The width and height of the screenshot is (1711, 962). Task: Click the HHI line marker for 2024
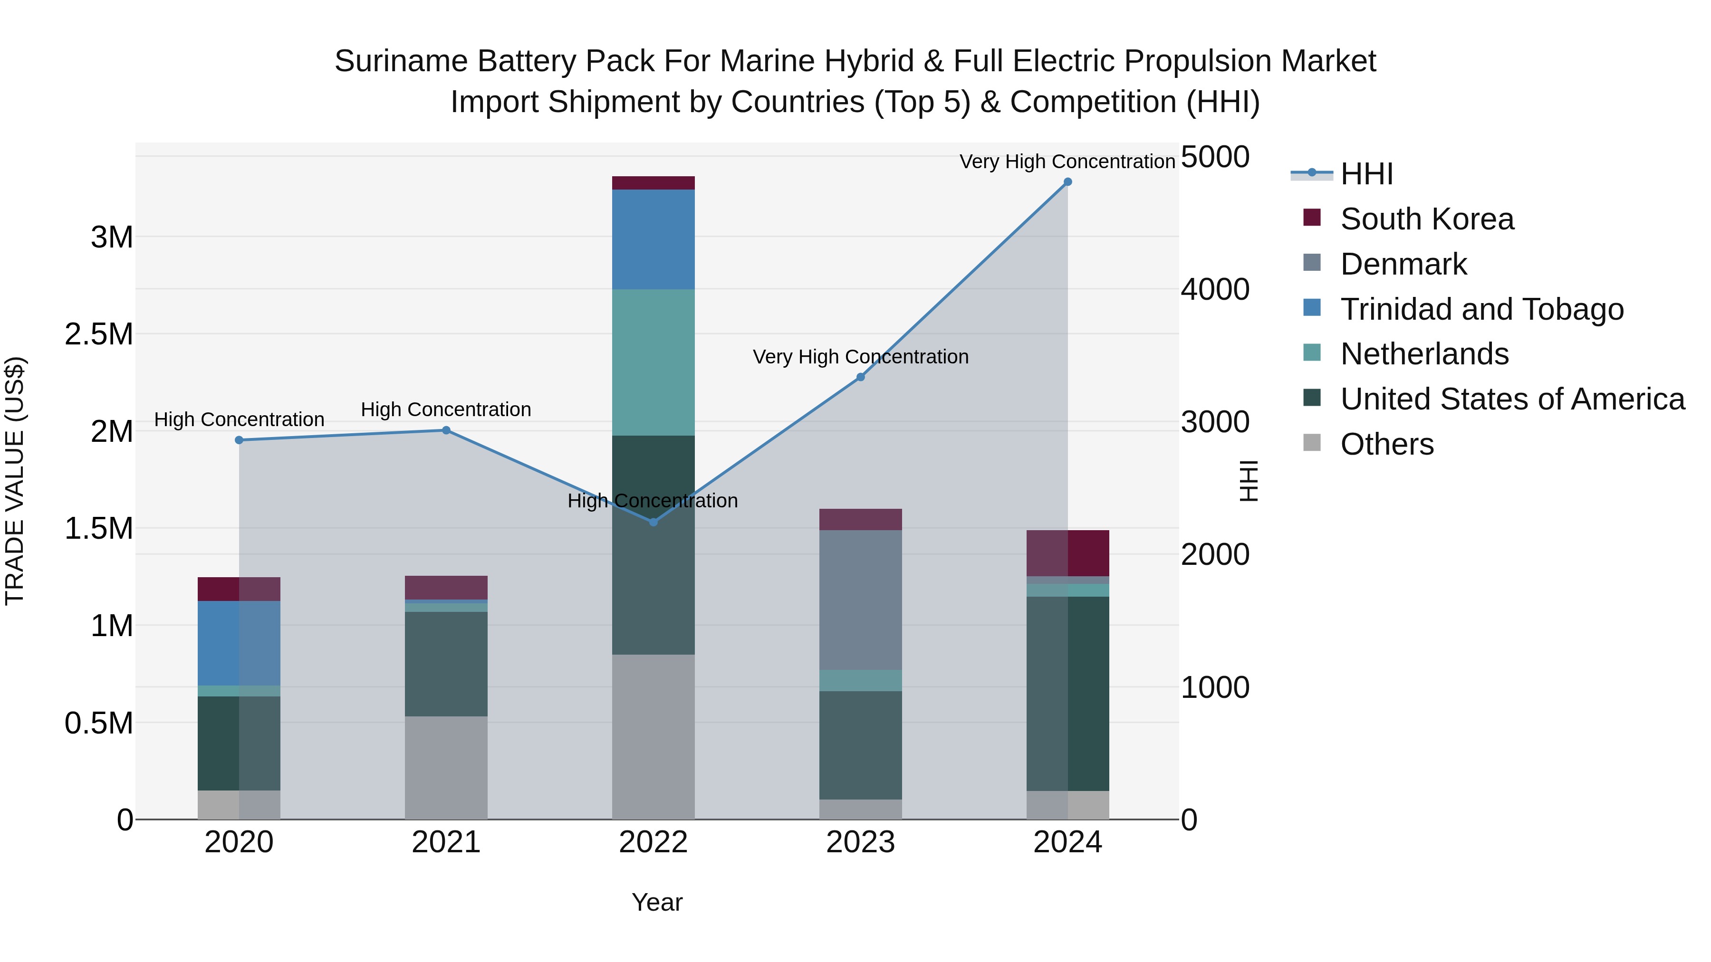click(1067, 182)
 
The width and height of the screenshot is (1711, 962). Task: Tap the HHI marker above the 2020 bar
click(239, 440)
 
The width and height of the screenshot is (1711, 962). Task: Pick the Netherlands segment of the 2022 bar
click(653, 362)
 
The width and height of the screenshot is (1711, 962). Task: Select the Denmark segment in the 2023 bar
click(860, 600)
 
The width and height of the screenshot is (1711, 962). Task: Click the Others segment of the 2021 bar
click(446, 768)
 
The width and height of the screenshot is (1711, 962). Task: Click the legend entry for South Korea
click(1427, 219)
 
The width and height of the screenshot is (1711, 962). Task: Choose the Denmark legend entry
click(1403, 264)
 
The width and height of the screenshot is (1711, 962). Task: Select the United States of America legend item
click(1512, 399)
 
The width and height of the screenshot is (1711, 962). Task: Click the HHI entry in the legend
click(1366, 174)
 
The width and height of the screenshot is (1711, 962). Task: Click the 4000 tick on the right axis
click(1215, 289)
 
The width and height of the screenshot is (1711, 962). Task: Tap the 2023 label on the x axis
click(860, 842)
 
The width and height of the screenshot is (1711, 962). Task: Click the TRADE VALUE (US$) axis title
click(15, 481)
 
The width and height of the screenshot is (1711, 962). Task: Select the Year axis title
click(657, 902)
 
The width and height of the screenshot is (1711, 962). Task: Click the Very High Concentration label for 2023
click(860, 357)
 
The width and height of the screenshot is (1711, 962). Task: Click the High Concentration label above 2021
click(446, 410)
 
